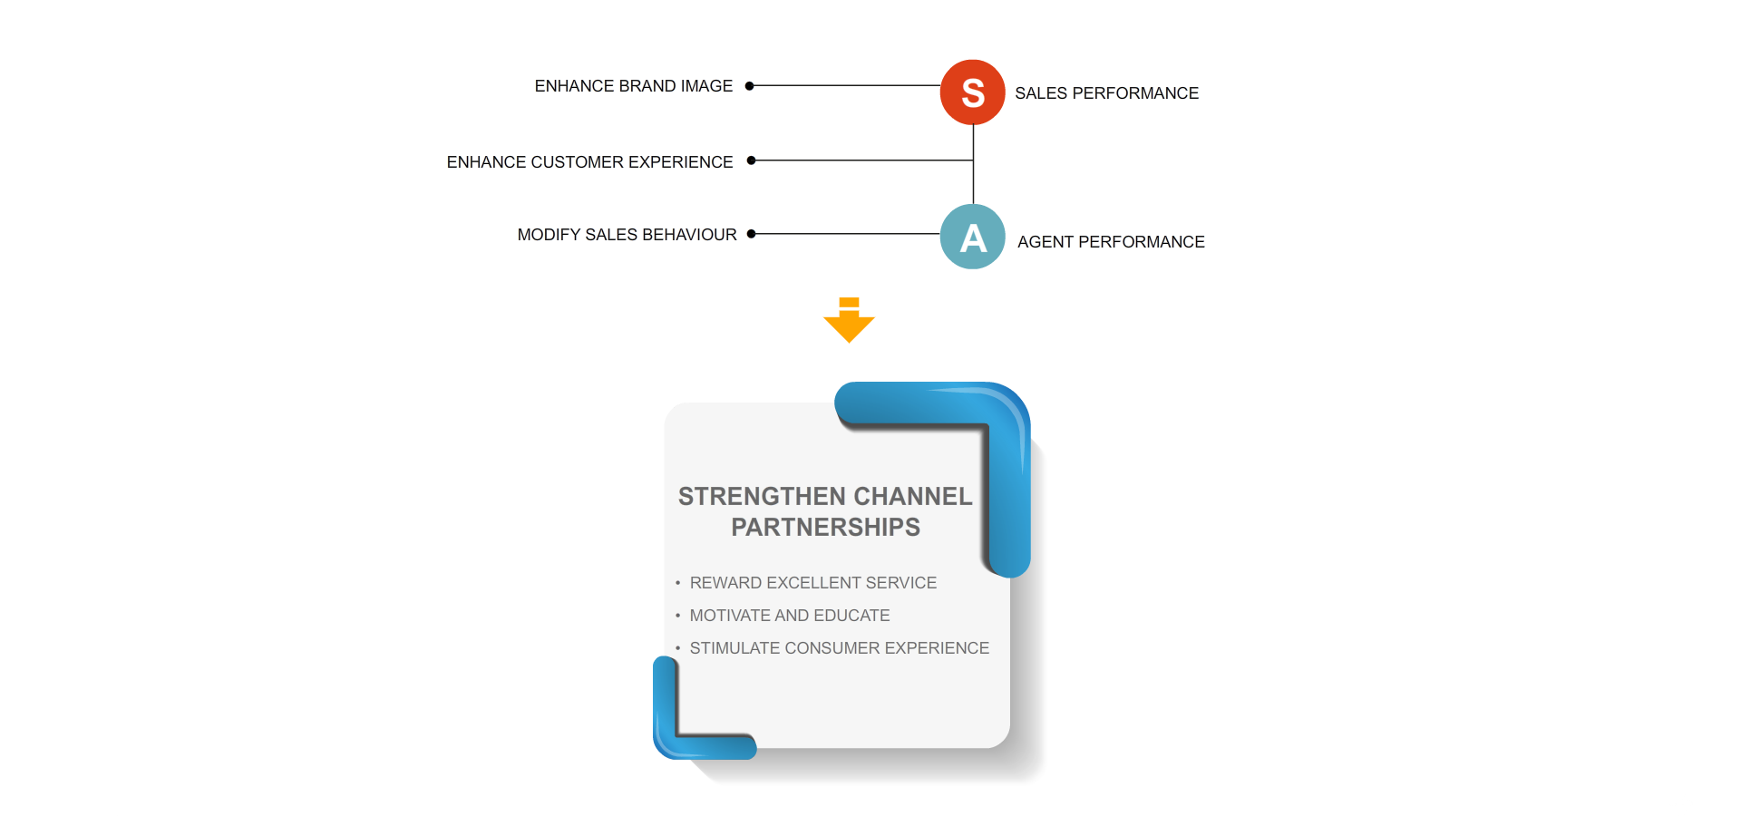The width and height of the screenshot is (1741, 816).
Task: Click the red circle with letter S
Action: click(972, 92)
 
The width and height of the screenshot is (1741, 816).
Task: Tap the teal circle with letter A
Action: click(972, 237)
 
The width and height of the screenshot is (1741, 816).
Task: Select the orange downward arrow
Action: click(849, 320)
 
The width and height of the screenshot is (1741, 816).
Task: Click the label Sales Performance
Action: click(1106, 93)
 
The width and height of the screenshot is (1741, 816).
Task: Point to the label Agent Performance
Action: click(1111, 242)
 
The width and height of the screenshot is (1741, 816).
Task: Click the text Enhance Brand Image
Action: click(633, 86)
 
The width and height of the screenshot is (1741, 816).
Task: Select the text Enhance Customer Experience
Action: click(589, 162)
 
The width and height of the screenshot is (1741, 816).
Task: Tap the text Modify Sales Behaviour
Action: click(627, 235)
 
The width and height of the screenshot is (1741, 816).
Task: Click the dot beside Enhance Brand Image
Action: click(750, 86)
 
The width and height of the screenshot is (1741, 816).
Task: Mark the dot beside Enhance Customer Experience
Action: click(751, 160)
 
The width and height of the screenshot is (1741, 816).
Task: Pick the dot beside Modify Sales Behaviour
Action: click(751, 234)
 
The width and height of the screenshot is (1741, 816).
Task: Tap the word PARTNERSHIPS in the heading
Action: click(825, 528)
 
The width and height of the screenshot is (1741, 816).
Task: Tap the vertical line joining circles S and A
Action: click(973, 164)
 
